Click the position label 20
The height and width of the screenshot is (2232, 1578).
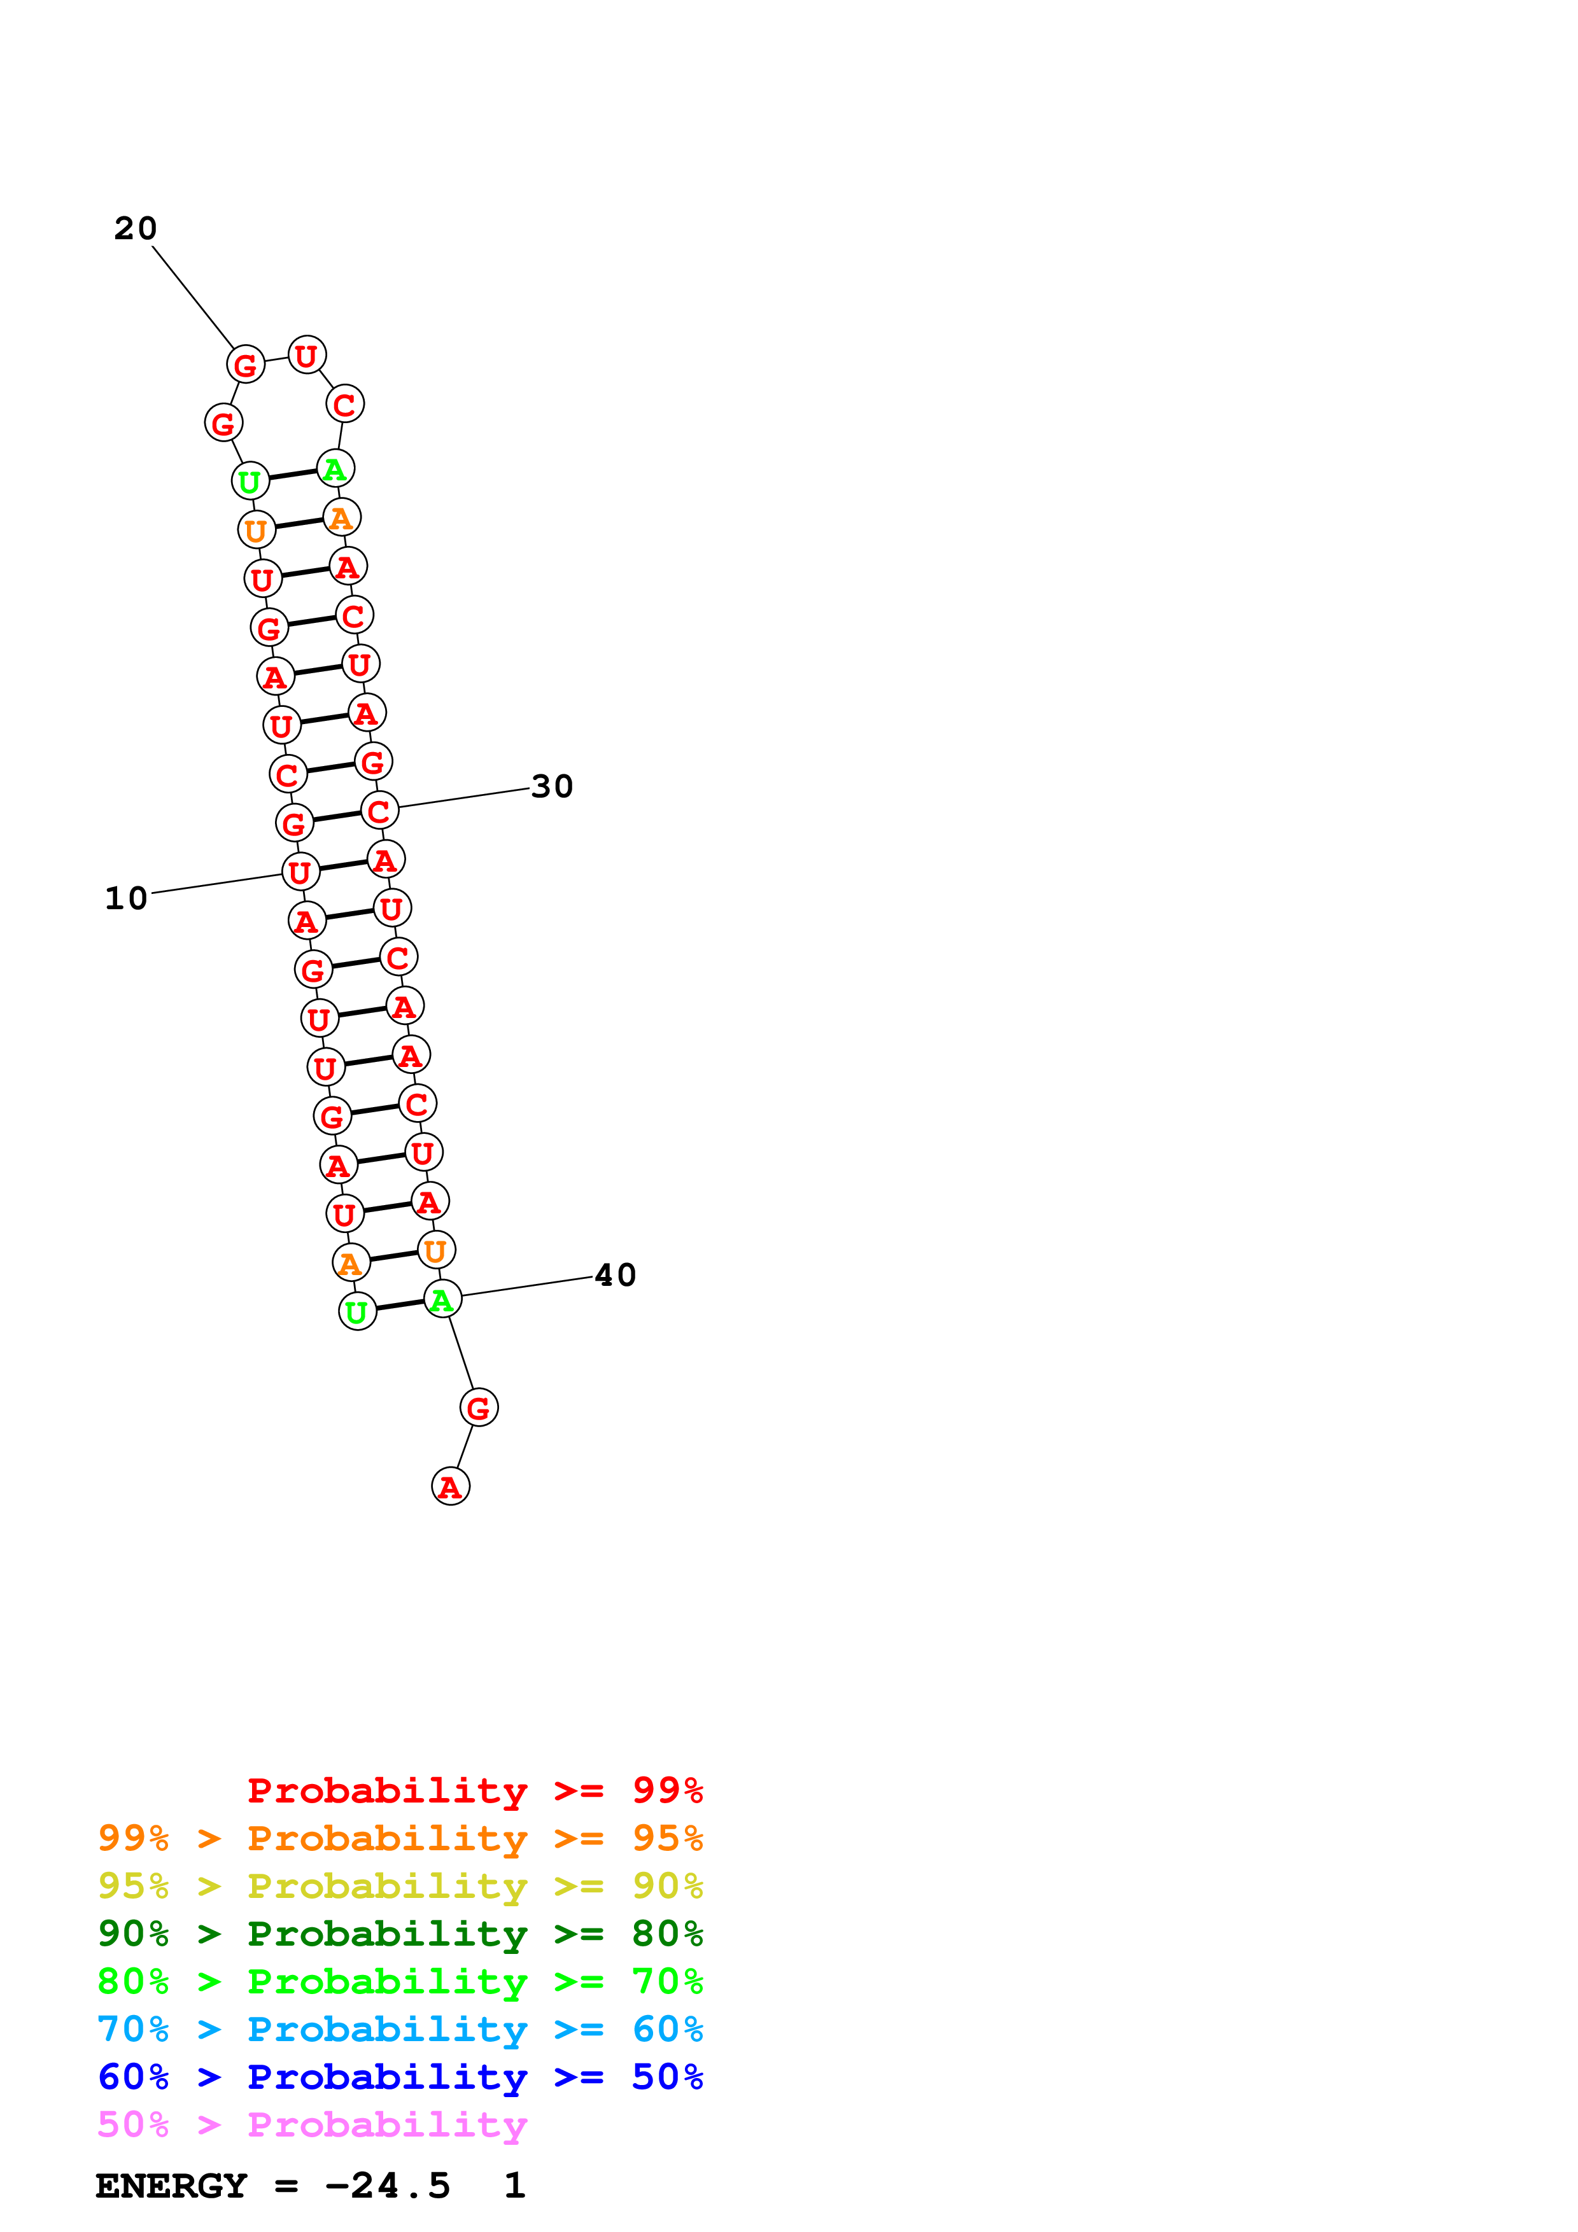tap(135, 228)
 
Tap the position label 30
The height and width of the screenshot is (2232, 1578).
tap(553, 786)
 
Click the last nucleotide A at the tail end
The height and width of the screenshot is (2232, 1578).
tap(450, 1486)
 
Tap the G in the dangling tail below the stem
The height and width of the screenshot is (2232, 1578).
tap(478, 1407)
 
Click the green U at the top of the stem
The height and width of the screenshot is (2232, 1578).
tap(250, 480)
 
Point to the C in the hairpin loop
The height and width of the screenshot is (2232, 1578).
tap(344, 405)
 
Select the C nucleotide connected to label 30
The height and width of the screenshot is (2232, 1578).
tap(379, 811)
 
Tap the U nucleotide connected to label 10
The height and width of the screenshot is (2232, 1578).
tap(300, 872)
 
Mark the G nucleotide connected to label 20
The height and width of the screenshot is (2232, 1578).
tap(245, 365)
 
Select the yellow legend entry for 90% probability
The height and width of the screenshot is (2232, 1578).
tap(400, 1885)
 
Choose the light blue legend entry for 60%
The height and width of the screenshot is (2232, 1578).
tap(400, 2029)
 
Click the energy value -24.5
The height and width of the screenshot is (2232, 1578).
tap(388, 2186)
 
